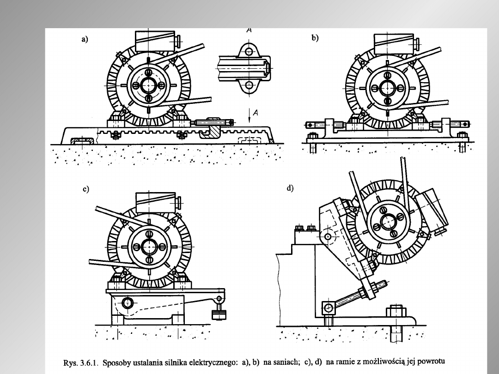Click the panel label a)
pos(85,39)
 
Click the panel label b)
pos(315,38)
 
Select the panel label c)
pos(86,189)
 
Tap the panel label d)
pos(290,188)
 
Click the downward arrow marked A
pos(249,115)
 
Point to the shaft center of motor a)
pos(148,85)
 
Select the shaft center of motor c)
pos(149,247)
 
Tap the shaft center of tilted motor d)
pos(388,222)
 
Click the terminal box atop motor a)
pos(155,41)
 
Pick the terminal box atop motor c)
pos(156,203)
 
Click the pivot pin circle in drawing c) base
pos(128,303)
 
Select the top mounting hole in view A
pos(249,52)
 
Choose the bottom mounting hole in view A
pos(249,85)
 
